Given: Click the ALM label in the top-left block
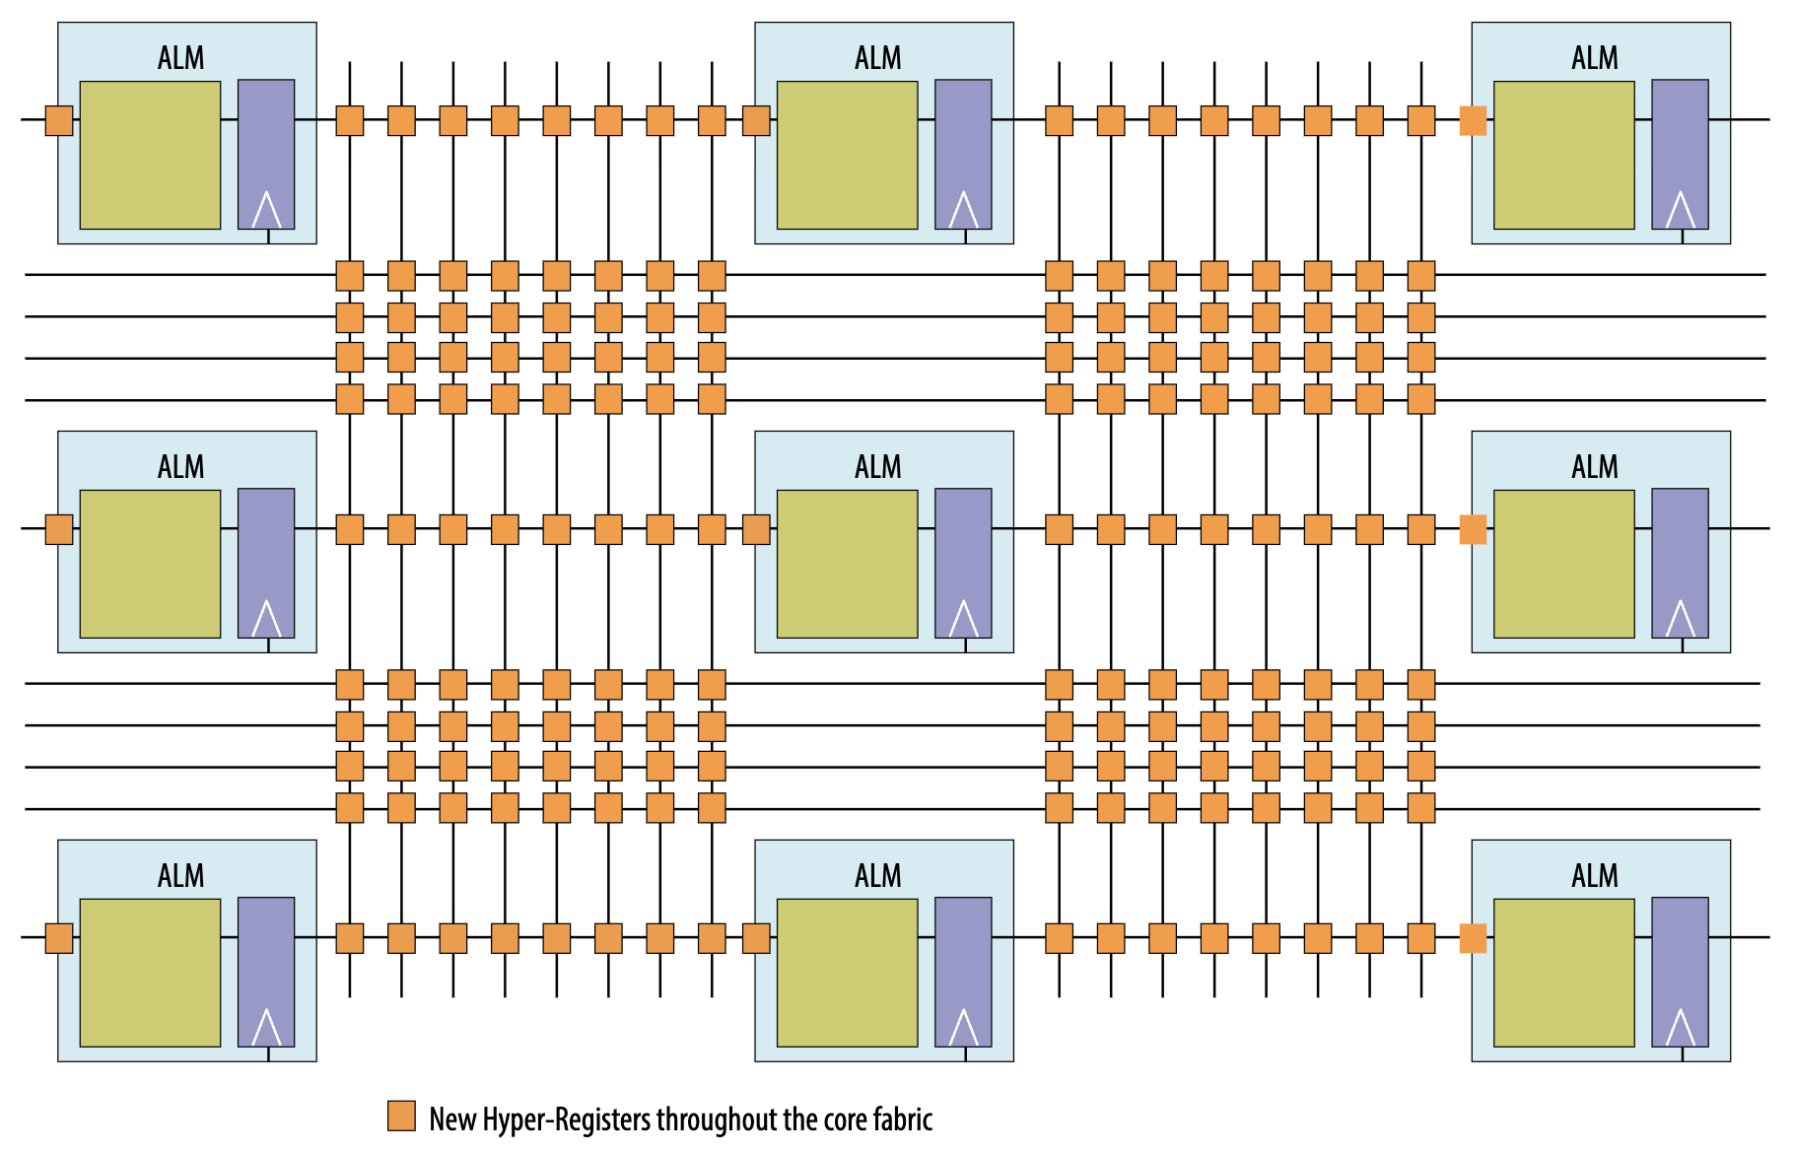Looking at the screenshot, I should [x=181, y=58].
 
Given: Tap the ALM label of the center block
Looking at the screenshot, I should [x=878, y=467].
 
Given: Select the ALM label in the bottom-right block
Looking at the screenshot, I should [x=1595, y=876].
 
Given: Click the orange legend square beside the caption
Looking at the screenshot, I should [x=401, y=1116].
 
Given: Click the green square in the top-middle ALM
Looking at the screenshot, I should [x=847, y=155].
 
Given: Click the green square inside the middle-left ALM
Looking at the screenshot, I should [x=150, y=564].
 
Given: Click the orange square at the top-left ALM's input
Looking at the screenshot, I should [x=59, y=120].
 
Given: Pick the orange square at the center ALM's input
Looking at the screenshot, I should [x=756, y=529].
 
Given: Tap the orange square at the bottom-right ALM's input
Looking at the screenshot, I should [x=1473, y=938].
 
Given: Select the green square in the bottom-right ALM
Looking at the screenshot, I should [x=1563, y=973].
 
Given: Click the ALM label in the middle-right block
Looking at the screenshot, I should [x=1595, y=467].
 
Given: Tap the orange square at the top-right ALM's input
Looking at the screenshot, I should [x=1473, y=120].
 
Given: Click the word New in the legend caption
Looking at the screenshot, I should [x=452, y=1119].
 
